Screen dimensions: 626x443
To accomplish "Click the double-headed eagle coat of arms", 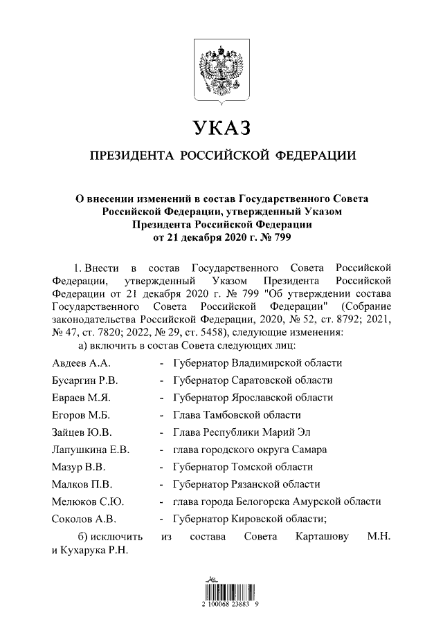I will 221,66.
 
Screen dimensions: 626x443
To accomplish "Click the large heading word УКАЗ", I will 221,128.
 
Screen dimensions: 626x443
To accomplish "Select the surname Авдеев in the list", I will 69,362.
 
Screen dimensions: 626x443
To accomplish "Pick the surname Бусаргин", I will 73,380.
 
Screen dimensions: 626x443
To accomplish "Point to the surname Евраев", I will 70,397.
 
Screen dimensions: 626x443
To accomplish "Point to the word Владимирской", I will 268,362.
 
